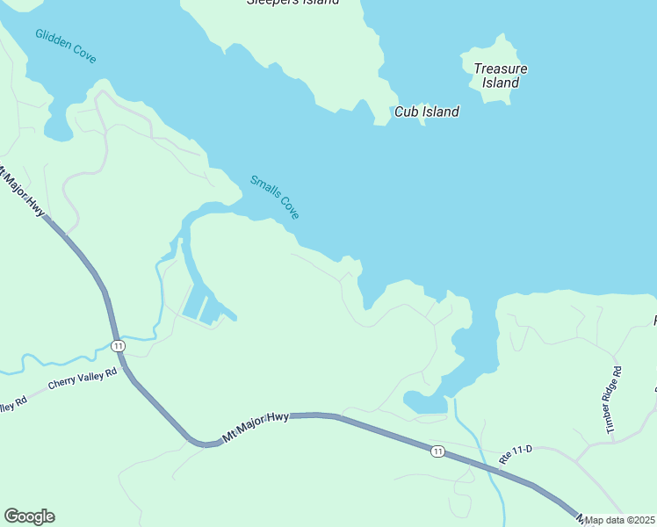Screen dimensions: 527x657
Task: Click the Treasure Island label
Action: pos(500,76)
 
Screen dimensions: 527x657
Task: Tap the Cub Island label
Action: pos(427,112)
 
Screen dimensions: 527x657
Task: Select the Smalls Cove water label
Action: pos(275,198)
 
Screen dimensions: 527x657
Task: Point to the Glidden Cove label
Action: pos(66,46)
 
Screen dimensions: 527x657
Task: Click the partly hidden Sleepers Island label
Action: pos(292,3)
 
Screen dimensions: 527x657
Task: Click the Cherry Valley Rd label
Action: pos(83,379)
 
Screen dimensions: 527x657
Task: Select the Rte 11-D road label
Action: pos(516,454)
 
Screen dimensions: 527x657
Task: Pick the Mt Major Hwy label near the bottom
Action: pos(256,425)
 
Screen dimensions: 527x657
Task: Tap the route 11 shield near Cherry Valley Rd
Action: pos(119,345)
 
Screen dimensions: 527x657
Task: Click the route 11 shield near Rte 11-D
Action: pos(437,451)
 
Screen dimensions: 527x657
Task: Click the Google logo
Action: pos(29,516)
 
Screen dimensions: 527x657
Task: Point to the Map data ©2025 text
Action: pos(620,520)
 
